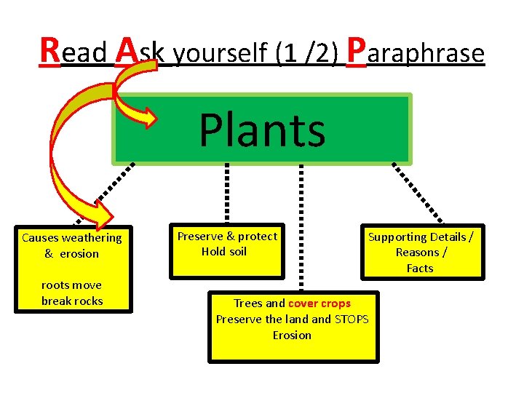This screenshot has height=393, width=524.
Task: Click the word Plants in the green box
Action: [262, 130]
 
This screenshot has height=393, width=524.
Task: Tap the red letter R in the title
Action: [50, 50]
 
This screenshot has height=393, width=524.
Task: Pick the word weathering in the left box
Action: [92, 237]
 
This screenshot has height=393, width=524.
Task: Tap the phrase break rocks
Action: [72, 301]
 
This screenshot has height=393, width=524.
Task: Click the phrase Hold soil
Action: [224, 251]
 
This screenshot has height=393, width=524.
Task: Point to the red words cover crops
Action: [319, 303]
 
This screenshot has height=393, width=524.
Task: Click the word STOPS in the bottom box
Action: [352, 319]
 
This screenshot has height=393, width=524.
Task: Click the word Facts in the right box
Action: [420, 268]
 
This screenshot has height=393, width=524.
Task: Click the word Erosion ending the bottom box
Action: [292, 335]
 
